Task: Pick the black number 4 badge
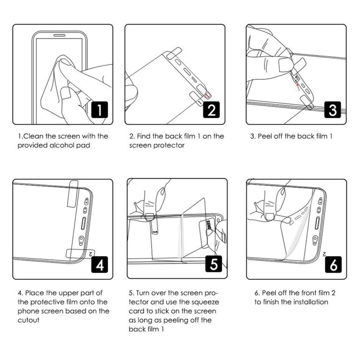pyautogui.click(x=98, y=264)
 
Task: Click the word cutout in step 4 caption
pyautogui.click(x=29, y=320)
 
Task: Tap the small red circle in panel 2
pyautogui.click(x=208, y=95)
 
